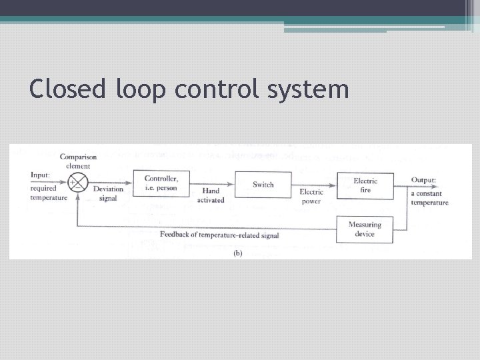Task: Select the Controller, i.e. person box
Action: point(161,183)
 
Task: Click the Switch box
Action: point(263,184)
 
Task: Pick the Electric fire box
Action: point(365,185)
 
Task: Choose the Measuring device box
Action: point(365,229)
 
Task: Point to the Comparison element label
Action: point(78,161)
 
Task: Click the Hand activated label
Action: point(211,195)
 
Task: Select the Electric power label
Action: point(311,197)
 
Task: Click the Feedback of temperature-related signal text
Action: point(219,235)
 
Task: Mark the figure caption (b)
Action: point(237,253)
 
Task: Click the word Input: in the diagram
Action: point(41,175)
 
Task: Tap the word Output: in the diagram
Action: point(423,180)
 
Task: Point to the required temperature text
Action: point(49,193)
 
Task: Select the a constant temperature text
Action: point(429,198)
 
